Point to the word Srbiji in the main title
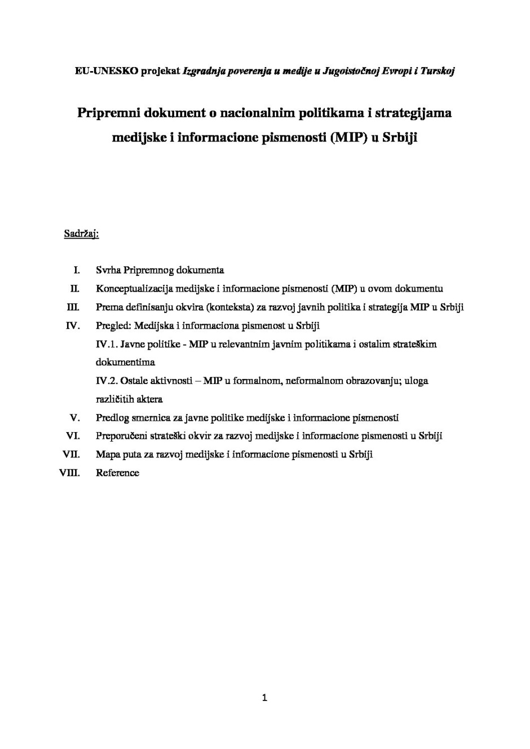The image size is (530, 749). (x=400, y=137)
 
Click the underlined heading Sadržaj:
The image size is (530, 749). (x=81, y=233)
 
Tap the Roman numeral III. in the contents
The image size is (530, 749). (x=73, y=307)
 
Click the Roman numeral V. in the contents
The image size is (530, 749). (x=74, y=418)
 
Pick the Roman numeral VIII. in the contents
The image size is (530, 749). (x=70, y=473)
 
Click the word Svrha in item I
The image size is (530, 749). (x=108, y=270)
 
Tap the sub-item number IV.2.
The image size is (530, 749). (x=107, y=381)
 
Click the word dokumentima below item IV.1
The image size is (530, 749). (x=125, y=362)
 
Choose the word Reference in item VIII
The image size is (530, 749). (x=117, y=473)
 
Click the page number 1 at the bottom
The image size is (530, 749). (x=264, y=698)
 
